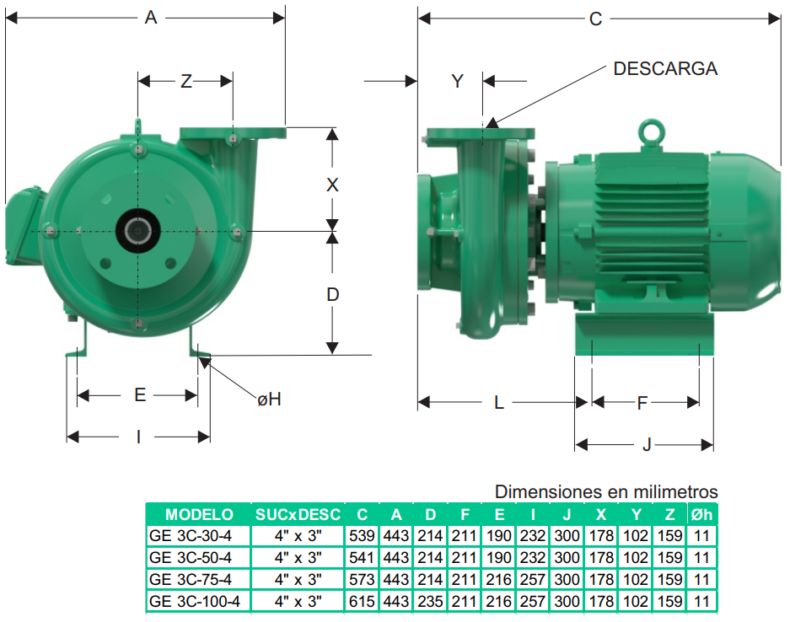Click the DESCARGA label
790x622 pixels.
pos(665,68)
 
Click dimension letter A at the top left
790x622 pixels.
pos(151,18)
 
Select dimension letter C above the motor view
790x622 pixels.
pos(595,19)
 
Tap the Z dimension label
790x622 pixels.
pos(186,81)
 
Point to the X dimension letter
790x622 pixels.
pos(332,185)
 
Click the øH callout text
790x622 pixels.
pos(269,399)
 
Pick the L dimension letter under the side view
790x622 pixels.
pos(499,403)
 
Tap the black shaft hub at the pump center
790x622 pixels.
pos(138,231)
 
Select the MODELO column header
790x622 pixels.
pos(199,515)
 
